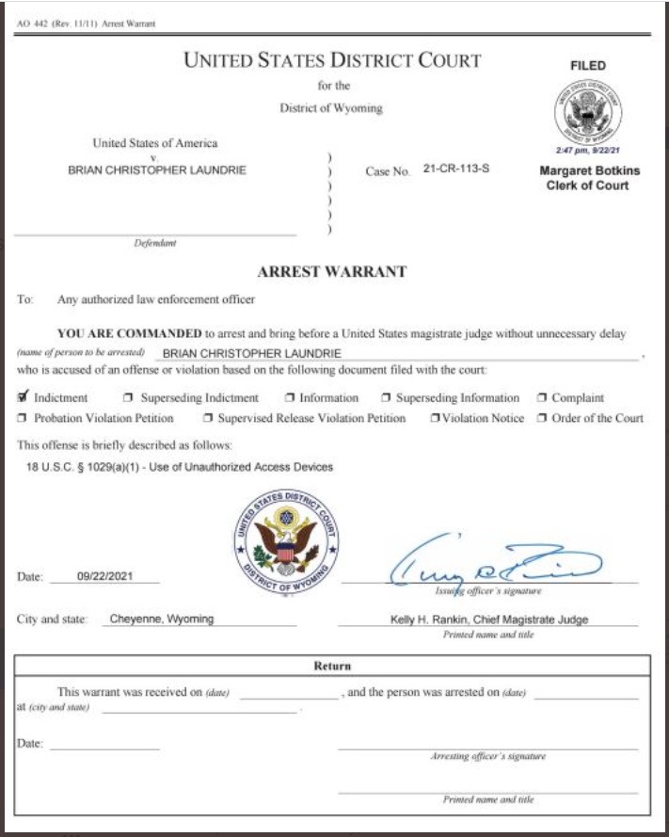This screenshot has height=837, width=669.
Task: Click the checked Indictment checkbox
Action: pos(24,397)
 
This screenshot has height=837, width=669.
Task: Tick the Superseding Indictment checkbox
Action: pos(129,398)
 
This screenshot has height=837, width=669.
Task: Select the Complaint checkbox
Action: pos(542,398)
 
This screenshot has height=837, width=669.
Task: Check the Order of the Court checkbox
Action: pos(542,418)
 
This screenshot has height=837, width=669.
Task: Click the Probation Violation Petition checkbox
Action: pos(24,418)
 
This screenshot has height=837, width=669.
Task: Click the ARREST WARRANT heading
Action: pos(332,271)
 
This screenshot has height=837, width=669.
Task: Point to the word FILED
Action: pos(588,66)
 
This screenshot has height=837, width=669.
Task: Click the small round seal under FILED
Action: pos(588,110)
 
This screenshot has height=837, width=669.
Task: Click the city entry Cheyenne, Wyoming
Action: pos(162,619)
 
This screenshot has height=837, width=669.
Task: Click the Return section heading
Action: pos(332,666)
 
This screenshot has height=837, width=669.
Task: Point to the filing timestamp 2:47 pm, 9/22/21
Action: pos(588,150)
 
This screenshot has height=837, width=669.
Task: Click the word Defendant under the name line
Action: pos(155,243)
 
